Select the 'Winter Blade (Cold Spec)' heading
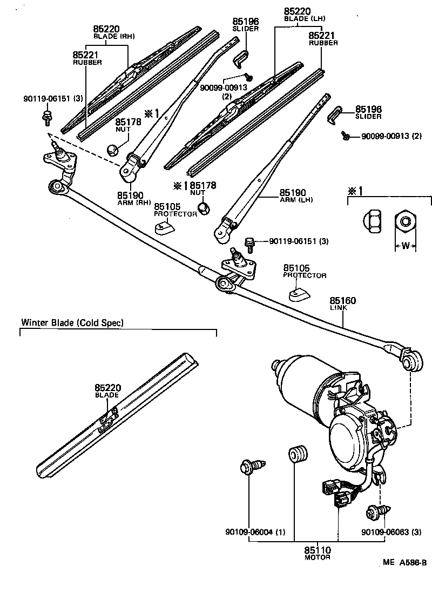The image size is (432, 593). click(x=72, y=323)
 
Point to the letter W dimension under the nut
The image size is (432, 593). click(x=404, y=246)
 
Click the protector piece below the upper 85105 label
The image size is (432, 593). click(x=165, y=228)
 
